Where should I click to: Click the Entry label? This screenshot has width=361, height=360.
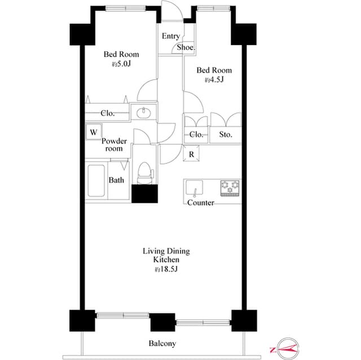pos(171,36)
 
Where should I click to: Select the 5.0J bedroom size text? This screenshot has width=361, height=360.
pos(121,65)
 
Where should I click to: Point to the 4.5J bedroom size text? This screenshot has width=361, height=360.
pos(214,80)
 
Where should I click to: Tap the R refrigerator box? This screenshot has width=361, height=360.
pos(191,154)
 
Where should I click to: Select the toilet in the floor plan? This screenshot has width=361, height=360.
pos(145,171)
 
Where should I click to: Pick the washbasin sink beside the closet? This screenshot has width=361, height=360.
pos(144,112)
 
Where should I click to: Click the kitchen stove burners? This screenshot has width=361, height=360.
pos(230,187)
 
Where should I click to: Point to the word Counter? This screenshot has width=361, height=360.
pos(200,203)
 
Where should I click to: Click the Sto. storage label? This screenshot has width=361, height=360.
pos(226,135)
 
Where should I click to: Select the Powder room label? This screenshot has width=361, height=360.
pos(115,145)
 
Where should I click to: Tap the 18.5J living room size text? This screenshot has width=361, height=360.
pos(166,270)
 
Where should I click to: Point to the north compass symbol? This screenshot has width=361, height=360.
pos(286,349)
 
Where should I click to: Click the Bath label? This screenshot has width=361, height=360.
pos(116,180)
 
